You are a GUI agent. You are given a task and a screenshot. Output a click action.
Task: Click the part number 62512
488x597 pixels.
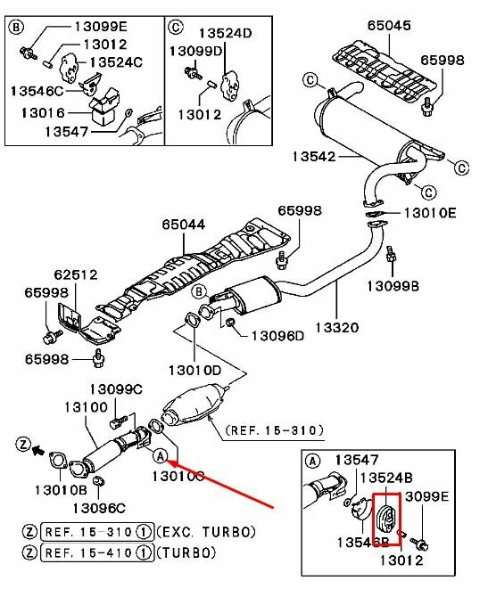(x=74, y=275)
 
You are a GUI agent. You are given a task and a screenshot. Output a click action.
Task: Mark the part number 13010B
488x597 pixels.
(x=61, y=489)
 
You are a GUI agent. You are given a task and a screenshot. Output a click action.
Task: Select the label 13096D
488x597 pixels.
(x=278, y=336)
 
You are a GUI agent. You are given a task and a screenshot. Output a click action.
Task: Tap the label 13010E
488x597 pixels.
(x=431, y=214)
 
